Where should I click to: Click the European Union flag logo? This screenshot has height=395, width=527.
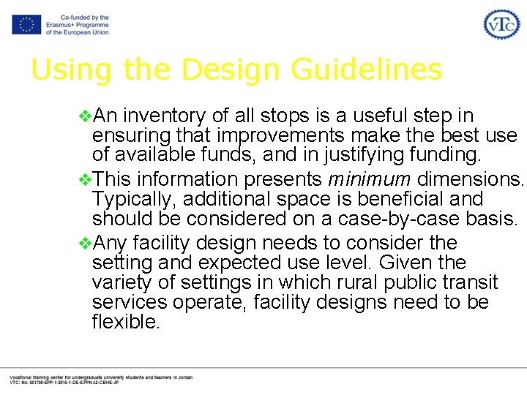[26, 24]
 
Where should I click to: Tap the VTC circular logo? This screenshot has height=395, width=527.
[501, 24]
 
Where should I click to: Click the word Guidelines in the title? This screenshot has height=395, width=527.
[366, 70]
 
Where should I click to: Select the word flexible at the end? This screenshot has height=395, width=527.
[125, 322]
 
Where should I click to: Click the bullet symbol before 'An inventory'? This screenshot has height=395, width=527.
[84, 116]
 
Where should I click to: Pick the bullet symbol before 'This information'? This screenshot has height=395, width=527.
[84, 179]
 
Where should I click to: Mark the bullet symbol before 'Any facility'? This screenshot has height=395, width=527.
[84, 243]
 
